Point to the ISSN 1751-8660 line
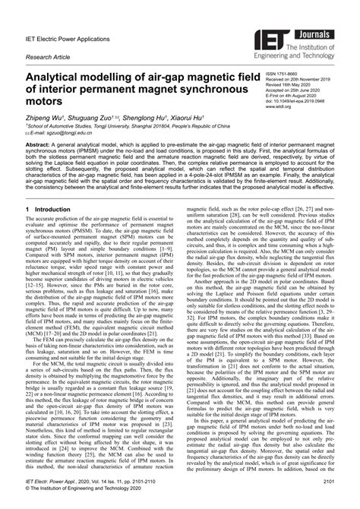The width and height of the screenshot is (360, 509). coord(286,74)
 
